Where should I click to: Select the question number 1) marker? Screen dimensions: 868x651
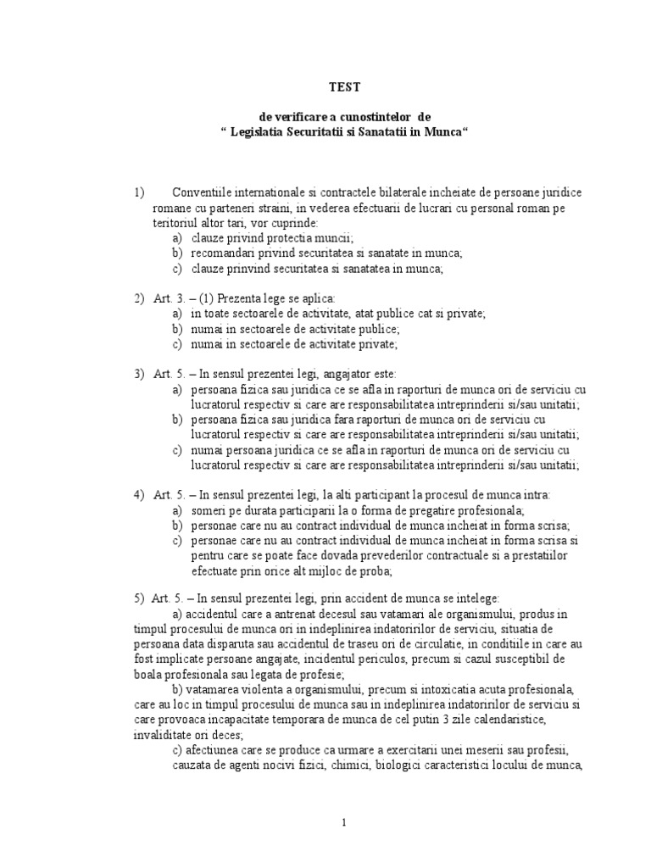[139, 192]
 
